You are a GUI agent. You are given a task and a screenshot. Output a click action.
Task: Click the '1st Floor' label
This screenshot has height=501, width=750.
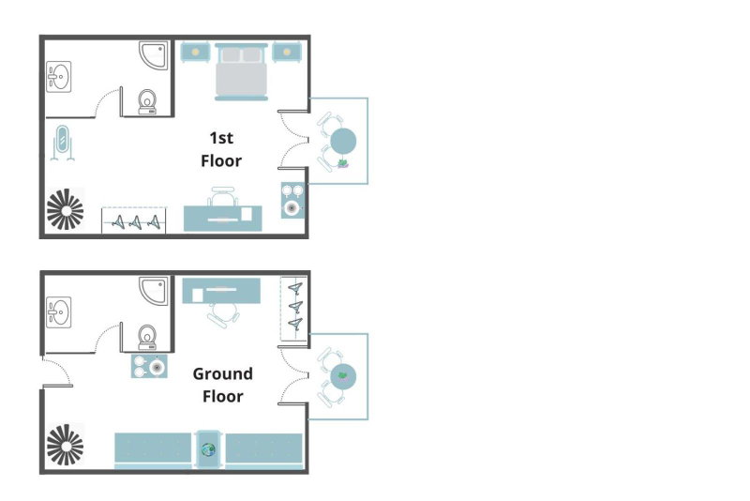click(221, 149)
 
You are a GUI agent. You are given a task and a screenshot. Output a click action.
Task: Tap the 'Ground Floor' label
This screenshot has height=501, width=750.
click(222, 385)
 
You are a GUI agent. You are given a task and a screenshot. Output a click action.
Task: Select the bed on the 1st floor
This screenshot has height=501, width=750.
click(241, 72)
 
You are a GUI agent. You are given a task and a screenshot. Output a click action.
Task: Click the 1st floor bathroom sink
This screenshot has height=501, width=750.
click(59, 77)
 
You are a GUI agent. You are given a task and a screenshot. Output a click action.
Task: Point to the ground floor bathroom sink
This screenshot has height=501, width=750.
click(59, 312)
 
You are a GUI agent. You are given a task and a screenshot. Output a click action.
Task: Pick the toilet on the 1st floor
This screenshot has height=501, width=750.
click(147, 102)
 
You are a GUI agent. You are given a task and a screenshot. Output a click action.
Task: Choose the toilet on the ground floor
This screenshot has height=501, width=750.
click(147, 338)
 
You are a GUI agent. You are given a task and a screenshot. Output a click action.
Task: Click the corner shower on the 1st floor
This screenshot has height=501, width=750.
click(154, 55)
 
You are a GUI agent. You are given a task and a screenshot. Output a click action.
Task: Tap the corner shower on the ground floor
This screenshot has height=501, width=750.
click(154, 291)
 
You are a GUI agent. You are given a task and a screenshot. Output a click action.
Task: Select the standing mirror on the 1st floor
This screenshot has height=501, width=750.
click(62, 142)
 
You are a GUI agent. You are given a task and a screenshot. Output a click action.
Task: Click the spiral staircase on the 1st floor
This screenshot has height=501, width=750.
click(65, 209)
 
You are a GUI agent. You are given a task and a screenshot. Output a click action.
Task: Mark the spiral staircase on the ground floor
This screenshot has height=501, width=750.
click(65, 445)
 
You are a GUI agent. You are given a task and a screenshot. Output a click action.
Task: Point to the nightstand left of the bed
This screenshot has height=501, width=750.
click(195, 52)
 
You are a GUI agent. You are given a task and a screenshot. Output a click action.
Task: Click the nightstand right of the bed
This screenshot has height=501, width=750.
click(287, 52)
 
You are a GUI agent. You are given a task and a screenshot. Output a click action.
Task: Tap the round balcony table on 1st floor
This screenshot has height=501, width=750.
click(343, 141)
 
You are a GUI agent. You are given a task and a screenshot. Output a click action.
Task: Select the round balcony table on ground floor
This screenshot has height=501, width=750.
click(343, 376)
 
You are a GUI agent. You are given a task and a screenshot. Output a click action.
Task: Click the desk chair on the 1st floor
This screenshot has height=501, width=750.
click(223, 196)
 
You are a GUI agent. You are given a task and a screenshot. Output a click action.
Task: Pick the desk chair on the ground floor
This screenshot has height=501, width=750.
click(223, 314)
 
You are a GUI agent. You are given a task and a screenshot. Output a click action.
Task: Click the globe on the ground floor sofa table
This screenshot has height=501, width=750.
click(208, 449)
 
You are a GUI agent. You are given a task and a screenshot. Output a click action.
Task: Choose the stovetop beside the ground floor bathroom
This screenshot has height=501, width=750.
click(149, 366)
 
